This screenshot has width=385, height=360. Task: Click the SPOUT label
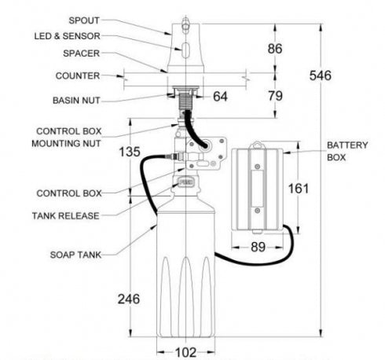coord(84,20)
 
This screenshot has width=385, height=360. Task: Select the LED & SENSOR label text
coord(68,36)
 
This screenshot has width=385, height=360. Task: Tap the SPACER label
coord(82,53)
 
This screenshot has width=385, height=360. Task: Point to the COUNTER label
coord(78,75)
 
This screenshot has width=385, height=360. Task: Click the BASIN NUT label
coord(76,101)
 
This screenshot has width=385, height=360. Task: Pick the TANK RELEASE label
coord(66,216)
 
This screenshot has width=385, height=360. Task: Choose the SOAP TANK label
coord(75,255)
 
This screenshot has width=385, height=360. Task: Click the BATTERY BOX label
coord(347,151)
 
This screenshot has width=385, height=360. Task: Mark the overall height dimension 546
coord(321,75)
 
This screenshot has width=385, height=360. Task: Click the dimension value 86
coord(275,49)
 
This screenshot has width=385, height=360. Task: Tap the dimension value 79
coord(275,96)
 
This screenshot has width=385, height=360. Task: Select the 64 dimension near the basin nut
coord(220,97)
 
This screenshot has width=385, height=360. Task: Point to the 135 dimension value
coord(130,152)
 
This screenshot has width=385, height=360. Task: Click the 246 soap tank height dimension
coord(129,299)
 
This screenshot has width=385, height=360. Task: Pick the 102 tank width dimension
coord(185,352)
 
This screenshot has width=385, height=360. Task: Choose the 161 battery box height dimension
coord(299,189)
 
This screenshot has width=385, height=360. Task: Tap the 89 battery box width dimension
coord(258,247)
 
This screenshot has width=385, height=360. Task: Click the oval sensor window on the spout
coord(185,50)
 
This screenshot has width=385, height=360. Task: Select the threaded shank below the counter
coord(185,101)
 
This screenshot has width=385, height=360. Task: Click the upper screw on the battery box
coord(258,167)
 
